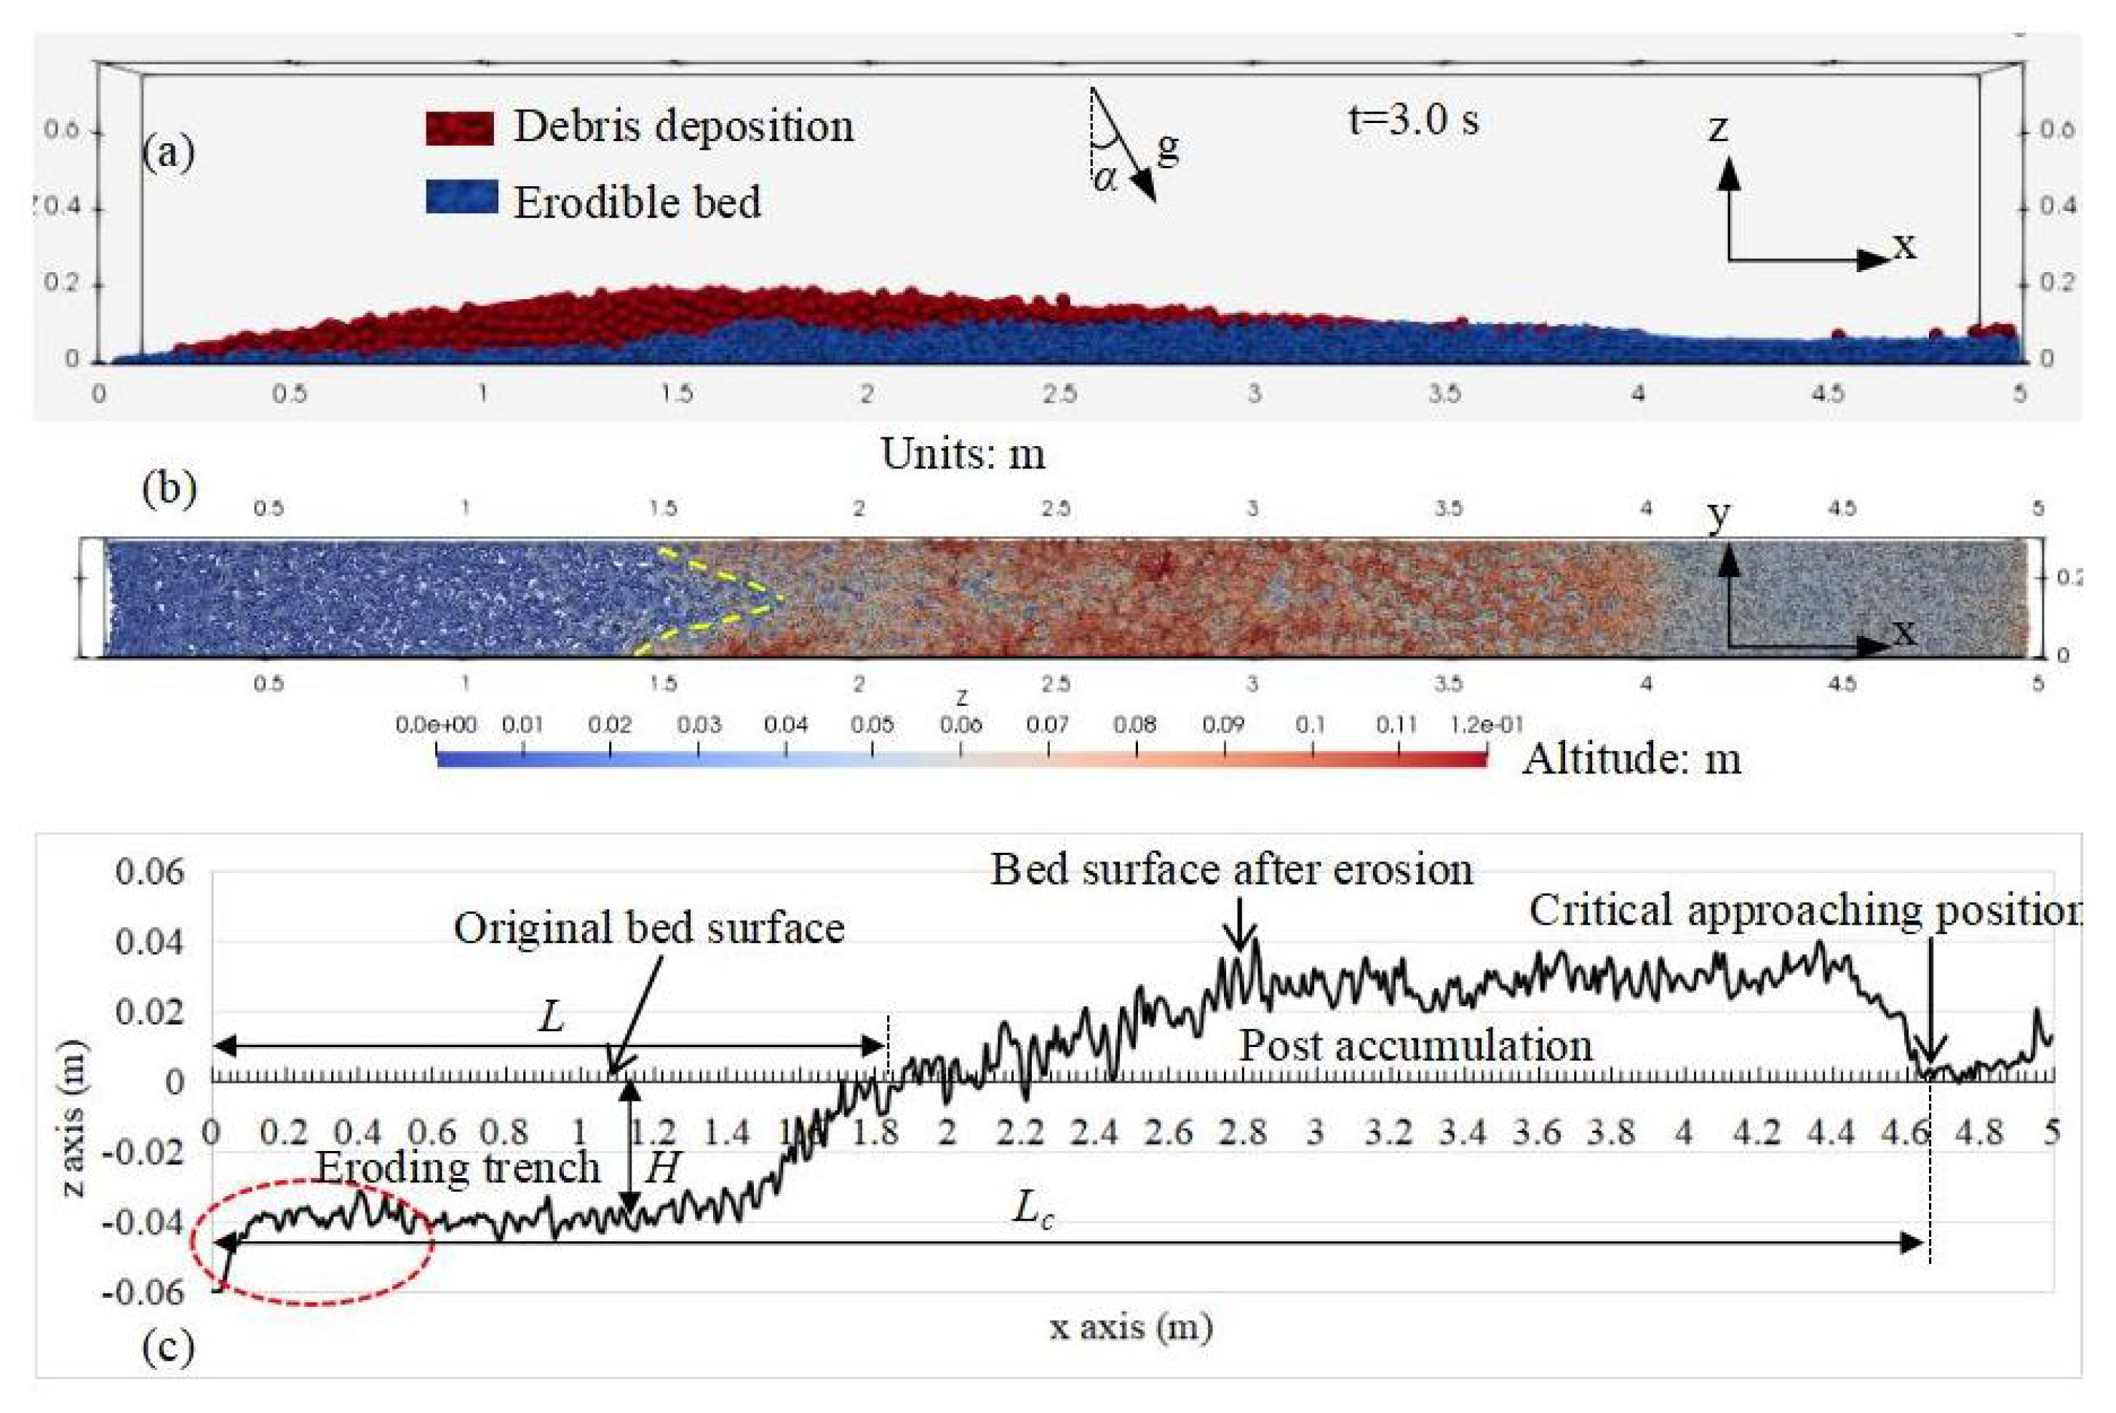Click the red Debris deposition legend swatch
pyautogui.click(x=460, y=128)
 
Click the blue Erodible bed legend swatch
pyautogui.click(x=461, y=197)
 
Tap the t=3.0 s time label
pyautogui.click(x=1412, y=120)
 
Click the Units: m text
pyautogui.click(x=963, y=454)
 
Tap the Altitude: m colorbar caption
pyautogui.click(x=1631, y=759)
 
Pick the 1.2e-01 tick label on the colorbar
pyautogui.click(x=1485, y=725)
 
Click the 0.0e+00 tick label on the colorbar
pyautogui.click(x=436, y=725)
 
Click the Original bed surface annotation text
pyautogui.click(x=649, y=927)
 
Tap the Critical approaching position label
pyautogui.click(x=1802, y=910)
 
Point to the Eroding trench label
pyautogui.click(x=457, y=1168)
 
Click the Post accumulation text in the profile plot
pyautogui.click(x=1415, y=1046)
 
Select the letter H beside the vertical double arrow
pyautogui.click(x=662, y=1169)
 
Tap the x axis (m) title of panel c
pyautogui.click(x=1131, y=1326)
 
